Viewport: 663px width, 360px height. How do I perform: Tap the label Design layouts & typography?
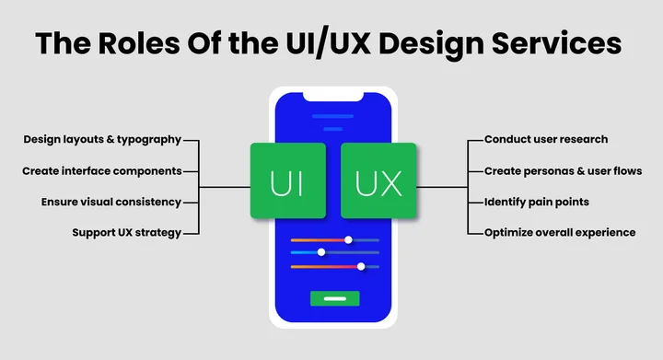(102, 140)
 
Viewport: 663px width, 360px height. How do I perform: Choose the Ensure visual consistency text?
(110, 202)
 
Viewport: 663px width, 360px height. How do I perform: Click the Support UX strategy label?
(127, 233)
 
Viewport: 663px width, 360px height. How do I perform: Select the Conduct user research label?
(546, 140)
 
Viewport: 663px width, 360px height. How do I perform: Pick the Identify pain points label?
(536, 202)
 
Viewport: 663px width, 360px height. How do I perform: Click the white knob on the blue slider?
(321, 251)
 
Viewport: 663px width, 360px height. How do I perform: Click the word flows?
(626, 171)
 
